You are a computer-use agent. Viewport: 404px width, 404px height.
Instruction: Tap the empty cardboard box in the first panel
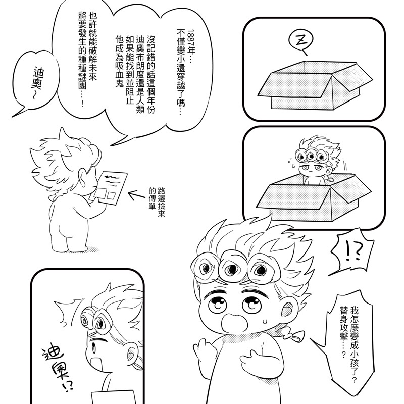[x=315, y=85]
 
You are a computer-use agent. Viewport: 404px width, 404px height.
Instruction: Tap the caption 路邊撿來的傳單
[x=157, y=202]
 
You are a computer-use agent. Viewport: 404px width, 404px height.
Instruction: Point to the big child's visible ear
[x=288, y=308]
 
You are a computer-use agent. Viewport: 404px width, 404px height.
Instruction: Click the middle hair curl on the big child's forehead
[x=232, y=268]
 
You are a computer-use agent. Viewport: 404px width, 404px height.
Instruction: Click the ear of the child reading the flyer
[x=83, y=178]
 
